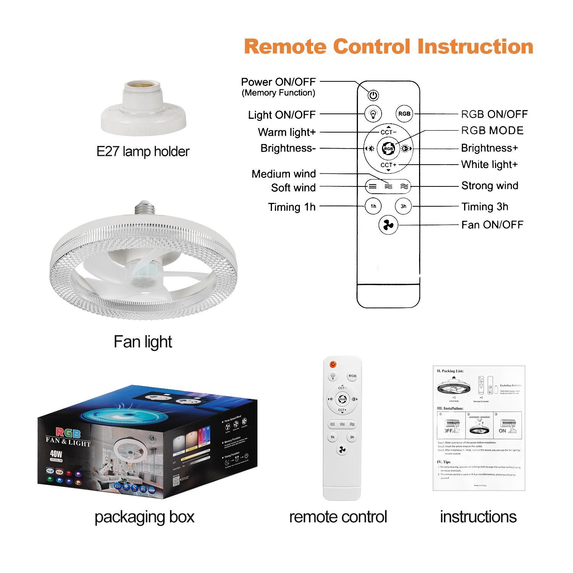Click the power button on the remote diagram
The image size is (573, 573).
coord(373,95)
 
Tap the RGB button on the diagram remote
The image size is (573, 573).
coord(404,114)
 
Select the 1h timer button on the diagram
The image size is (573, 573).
coord(373,206)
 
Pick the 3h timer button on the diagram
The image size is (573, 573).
coord(403,206)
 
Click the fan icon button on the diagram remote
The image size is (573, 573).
coord(388,225)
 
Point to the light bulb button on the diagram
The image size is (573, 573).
coord(373,114)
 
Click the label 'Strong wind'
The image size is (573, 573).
coord(490,186)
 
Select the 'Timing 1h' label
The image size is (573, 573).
coord(292,207)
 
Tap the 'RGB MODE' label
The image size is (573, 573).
coord(492,131)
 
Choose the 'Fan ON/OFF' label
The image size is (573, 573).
coord(492,225)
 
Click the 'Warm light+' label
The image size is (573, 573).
coord(287,132)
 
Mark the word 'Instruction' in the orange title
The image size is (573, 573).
coord(475,47)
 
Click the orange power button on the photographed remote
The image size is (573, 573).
coord(333,364)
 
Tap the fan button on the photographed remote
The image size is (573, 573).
coord(342,450)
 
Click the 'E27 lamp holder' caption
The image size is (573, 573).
coord(143,152)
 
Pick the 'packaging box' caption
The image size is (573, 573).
coord(144,517)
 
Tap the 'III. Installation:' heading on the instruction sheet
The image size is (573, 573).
coord(450,408)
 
